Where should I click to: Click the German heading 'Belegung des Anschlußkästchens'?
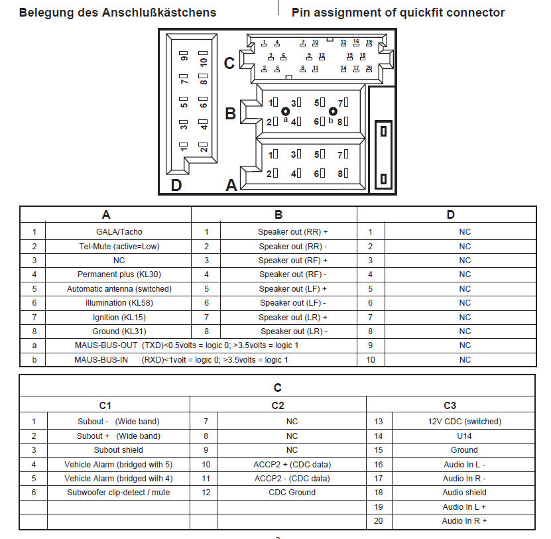click(x=117, y=13)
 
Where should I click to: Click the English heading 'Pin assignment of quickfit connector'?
click(x=398, y=13)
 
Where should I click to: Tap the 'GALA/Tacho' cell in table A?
click(x=119, y=232)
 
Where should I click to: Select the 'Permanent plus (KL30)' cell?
click(x=119, y=274)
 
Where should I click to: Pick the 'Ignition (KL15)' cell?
click(x=119, y=317)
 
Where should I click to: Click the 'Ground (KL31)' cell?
click(x=119, y=331)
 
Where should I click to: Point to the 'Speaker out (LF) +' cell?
click(x=292, y=289)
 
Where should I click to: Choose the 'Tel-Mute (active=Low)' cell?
click(x=119, y=246)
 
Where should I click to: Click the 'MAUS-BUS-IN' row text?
click(x=181, y=360)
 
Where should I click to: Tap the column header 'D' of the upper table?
click(x=451, y=215)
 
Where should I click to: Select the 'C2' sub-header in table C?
click(x=278, y=405)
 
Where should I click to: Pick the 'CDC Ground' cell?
click(x=292, y=493)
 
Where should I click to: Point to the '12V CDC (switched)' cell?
click(x=465, y=422)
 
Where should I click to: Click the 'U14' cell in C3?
click(x=465, y=436)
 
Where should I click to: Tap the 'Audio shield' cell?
click(x=465, y=493)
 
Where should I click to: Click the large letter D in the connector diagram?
click(x=176, y=185)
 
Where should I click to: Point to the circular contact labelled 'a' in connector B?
click(x=286, y=111)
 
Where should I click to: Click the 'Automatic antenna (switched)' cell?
click(x=119, y=289)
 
